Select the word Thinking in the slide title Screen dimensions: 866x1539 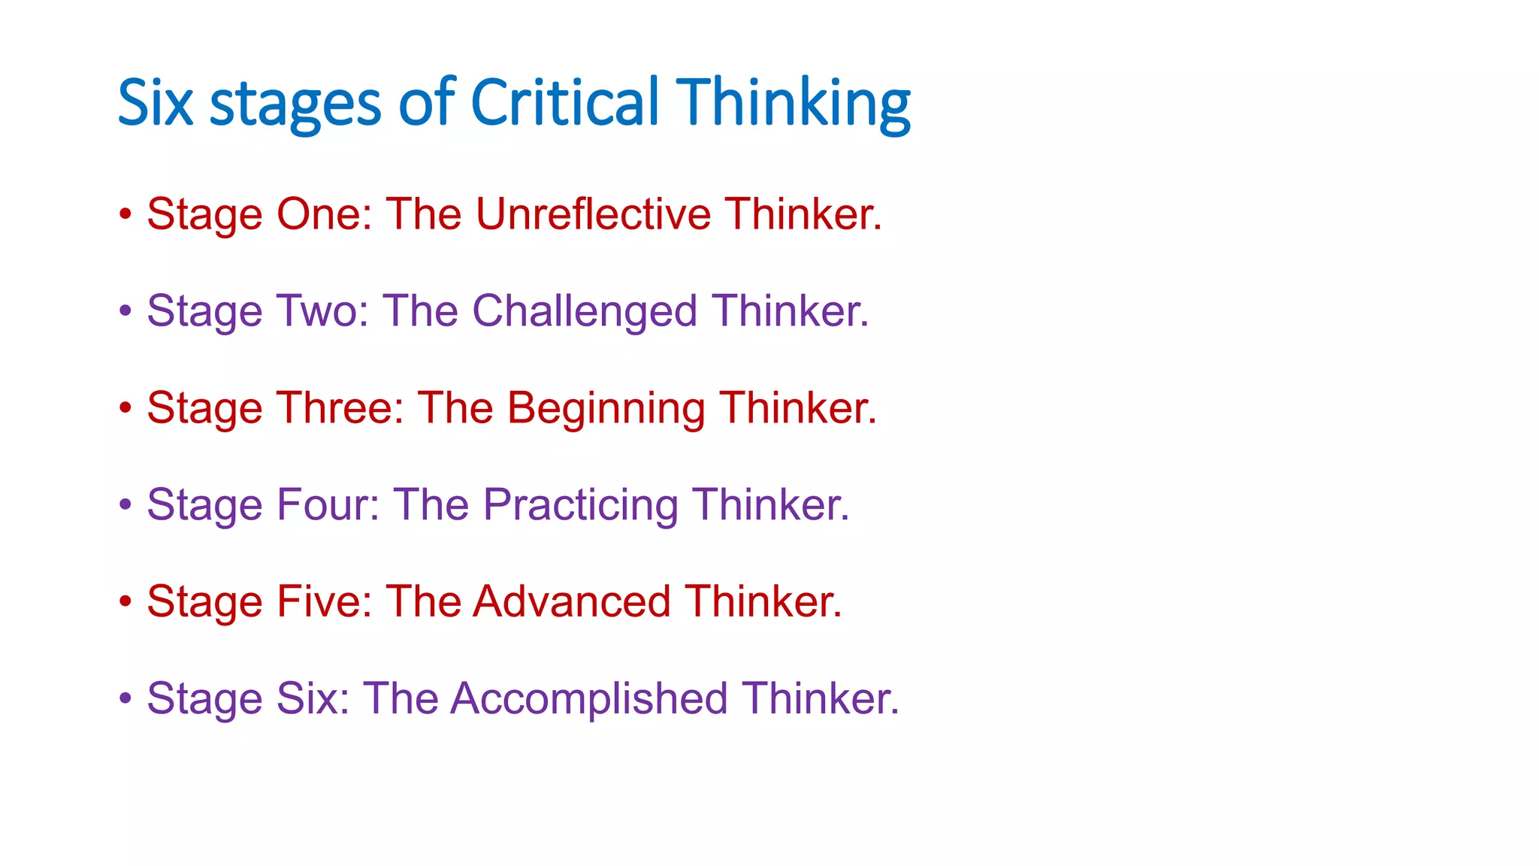coord(794,104)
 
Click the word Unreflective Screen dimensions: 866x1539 coord(593,214)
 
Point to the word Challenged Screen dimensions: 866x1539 coord(585,311)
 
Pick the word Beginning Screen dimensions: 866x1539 coord(606,409)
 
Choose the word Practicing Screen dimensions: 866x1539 coord(580,505)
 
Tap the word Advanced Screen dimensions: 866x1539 coord(572,601)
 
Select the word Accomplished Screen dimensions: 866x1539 coord(589,699)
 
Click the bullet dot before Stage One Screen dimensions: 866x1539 coord(125,214)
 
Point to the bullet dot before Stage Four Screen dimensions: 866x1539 coord(125,504)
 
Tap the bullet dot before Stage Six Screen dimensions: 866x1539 coord(125,698)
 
